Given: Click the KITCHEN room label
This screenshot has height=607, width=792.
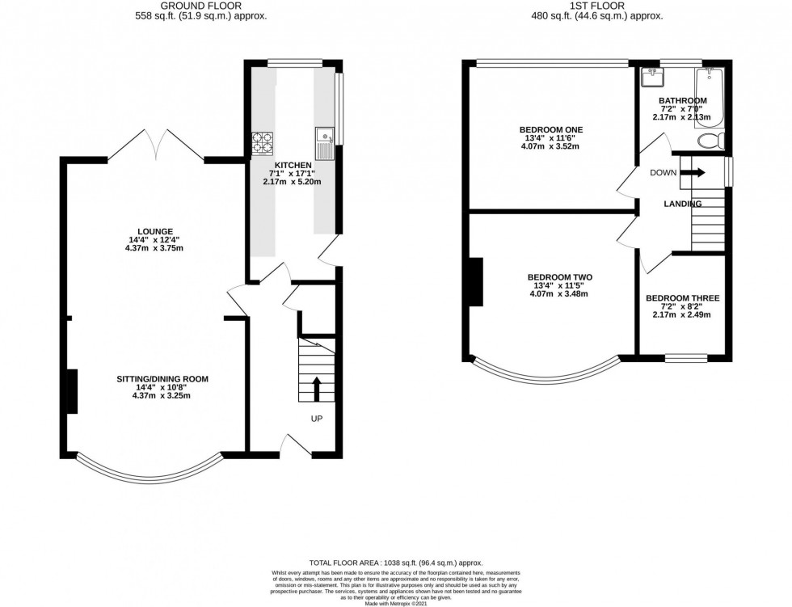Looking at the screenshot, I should (295, 165).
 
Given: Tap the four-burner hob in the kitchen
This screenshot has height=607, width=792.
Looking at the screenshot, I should (263, 143).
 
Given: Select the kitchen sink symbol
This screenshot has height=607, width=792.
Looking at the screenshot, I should (324, 141).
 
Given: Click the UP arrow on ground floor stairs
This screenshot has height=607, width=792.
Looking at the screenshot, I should (317, 388).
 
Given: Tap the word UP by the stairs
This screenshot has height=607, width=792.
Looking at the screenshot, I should (318, 419).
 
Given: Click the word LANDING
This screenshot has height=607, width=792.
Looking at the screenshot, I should (682, 204).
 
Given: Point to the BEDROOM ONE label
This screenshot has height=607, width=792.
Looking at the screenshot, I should (551, 129).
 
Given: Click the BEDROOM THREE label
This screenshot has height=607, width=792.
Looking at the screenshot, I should (681, 298).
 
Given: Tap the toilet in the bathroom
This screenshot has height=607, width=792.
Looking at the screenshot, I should (710, 142).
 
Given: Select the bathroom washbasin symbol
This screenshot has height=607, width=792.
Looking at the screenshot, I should (651, 78).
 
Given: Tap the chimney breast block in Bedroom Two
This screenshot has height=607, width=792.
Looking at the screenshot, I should (476, 282).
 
